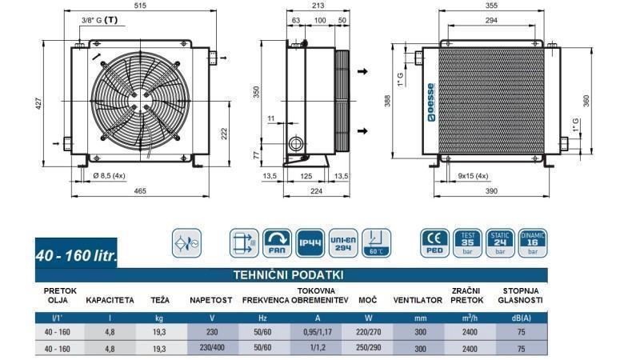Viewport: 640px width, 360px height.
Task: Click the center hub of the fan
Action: pyautogui.click(x=144, y=99)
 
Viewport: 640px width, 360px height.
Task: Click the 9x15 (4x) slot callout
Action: pyautogui.click(x=474, y=176)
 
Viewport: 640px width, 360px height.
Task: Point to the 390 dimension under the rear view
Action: pyautogui.click(x=490, y=192)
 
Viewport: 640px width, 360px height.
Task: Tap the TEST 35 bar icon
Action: pyautogui.click(x=466, y=242)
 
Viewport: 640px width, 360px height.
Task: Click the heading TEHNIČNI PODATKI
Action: pyautogui.click(x=288, y=274)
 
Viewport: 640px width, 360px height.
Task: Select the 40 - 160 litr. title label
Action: pyautogui.click(x=77, y=256)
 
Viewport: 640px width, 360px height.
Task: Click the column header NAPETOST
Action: pyautogui.click(x=210, y=300)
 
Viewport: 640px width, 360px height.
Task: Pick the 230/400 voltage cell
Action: pyautogui.click(x=210, y=349)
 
